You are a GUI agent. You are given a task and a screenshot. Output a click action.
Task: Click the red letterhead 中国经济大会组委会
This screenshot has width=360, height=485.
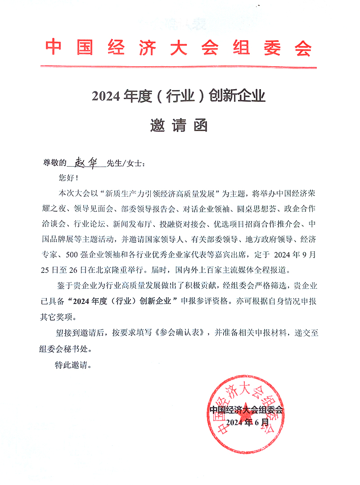(179, 47)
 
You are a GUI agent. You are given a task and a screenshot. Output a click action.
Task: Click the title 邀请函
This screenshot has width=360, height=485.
(179, 126)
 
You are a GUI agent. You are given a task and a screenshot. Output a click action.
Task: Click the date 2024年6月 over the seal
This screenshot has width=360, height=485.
(247, 422)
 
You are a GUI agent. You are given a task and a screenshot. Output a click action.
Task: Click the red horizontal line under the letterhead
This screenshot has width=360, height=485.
(179, 67)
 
